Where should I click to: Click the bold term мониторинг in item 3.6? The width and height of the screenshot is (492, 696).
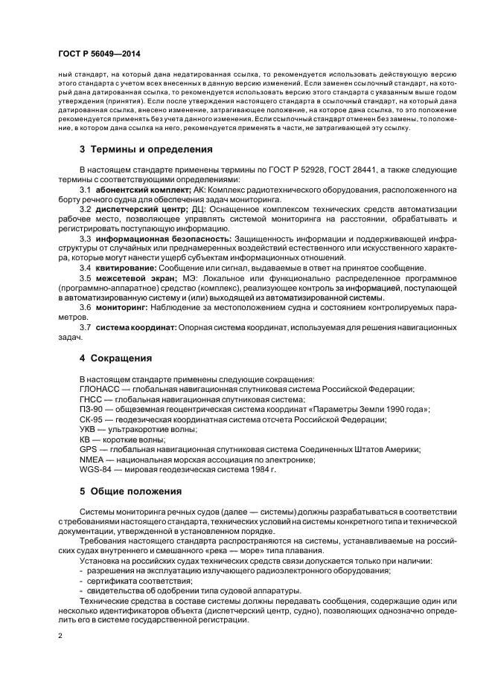[118, 308]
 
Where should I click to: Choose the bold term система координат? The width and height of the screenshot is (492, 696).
[135, 327]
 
